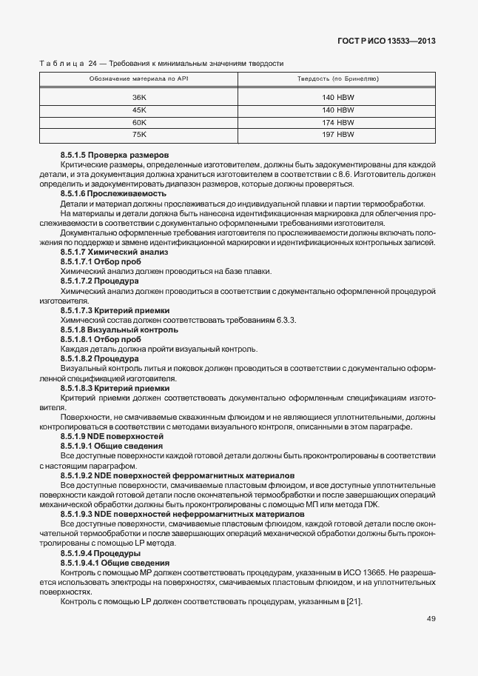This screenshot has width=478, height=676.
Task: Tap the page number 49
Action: (431, 639)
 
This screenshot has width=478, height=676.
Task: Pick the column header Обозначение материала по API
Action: (139, 78)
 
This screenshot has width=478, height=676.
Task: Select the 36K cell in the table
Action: (139, 98)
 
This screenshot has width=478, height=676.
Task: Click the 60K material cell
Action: (139, 122)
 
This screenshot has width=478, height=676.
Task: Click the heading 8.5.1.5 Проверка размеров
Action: (108, 154)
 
